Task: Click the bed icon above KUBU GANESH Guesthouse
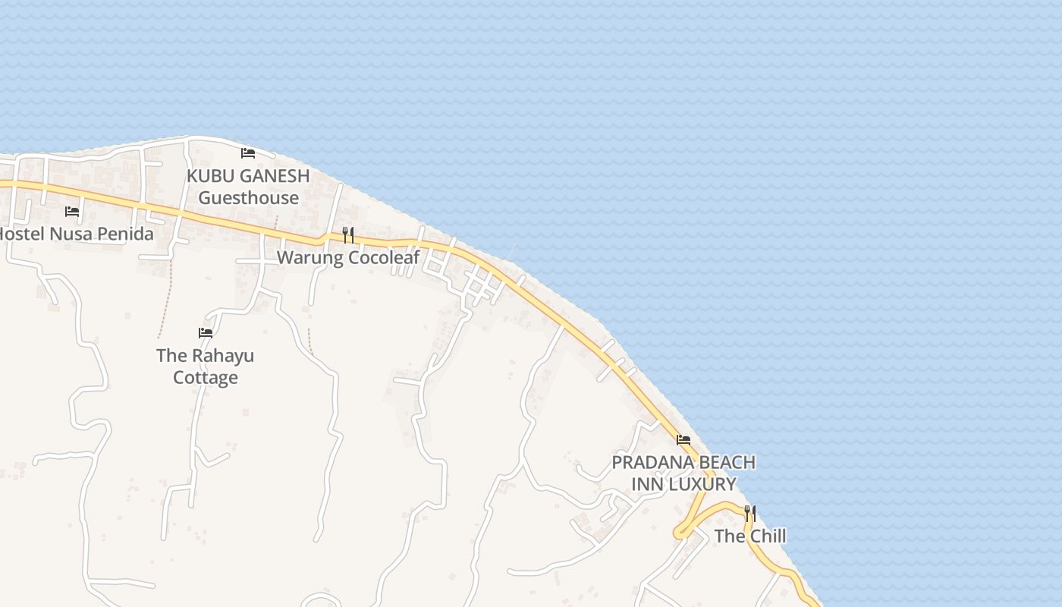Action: click(x=247, y=153)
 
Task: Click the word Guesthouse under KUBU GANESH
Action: click(x=249, y=198)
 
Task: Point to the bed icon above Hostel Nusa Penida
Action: click(x=72, y=212)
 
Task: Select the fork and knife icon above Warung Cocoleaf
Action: click(x=347, y=235)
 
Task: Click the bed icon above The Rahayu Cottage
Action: click(x=205, y=333)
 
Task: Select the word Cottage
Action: click(x=206, y=377)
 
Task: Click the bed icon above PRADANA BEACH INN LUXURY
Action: click(x=683, y=440)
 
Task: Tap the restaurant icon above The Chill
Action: click(x=749, y=514)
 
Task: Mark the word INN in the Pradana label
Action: click(x=649, y=484)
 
